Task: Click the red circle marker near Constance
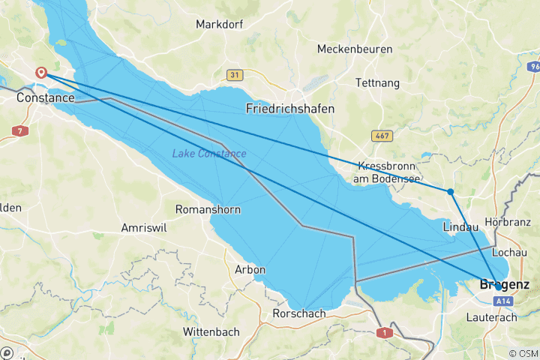coord(41,73)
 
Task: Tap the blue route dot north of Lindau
coord(450,192)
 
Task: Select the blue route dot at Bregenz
coord(498,286)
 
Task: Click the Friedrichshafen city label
coord(290,109)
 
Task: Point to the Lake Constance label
coord(209,154)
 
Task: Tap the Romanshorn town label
coord(208,210)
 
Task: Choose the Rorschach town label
coord(299,313)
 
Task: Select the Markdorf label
coord(220,25)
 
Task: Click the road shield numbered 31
coord(235,75)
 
